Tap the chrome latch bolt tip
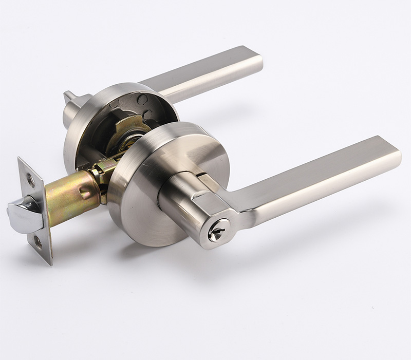click(21, 212)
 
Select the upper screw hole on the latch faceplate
click(30, 180)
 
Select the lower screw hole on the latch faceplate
click(39, 241)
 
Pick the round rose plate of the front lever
click(139, 205)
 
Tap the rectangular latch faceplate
click(36, 211)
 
